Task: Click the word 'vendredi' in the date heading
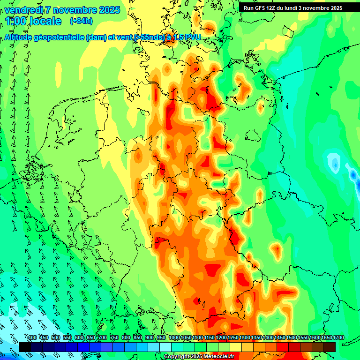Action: coord(22,10)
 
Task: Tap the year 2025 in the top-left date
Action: coord(109,10)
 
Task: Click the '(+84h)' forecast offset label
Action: coord(81,21)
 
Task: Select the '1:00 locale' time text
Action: coord(34,21)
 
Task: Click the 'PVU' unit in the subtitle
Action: coord(192,37)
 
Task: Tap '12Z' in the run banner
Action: coord(276,8)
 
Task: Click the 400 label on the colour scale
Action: coord(32,338)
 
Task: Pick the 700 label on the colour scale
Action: coord(103,338)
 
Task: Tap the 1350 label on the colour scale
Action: coord(256,338)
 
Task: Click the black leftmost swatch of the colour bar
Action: coord(25,347)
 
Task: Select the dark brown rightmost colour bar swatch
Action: coord(330,347)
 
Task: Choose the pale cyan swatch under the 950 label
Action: coord(165,347)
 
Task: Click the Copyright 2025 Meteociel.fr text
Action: coord(199,356)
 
